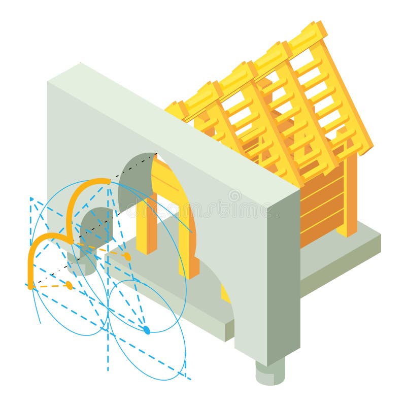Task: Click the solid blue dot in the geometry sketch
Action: tap(147, 330)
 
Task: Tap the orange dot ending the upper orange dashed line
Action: tap(127, 257)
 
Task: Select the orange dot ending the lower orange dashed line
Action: tap(70, 285)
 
